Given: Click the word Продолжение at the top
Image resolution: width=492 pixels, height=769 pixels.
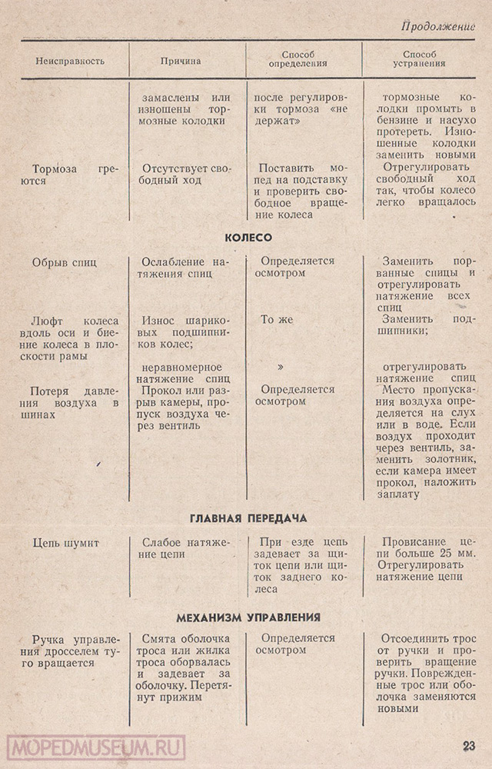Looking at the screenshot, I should (437, 27).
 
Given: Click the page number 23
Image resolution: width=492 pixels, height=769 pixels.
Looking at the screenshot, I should (470, 745).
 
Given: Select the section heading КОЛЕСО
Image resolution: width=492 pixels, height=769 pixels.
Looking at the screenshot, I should (247, 238).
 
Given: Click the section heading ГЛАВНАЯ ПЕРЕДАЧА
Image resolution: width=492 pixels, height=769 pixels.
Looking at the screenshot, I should (247, 518).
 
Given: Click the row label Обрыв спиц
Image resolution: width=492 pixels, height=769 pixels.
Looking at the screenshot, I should (65, 261).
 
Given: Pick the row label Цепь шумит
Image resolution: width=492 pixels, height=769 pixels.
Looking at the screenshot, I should (66, 543).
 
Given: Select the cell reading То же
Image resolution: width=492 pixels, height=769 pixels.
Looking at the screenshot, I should (276, 319).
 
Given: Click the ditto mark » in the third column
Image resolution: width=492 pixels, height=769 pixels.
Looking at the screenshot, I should (281, 367).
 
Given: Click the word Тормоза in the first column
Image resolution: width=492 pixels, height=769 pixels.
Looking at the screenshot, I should (56, 168).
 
